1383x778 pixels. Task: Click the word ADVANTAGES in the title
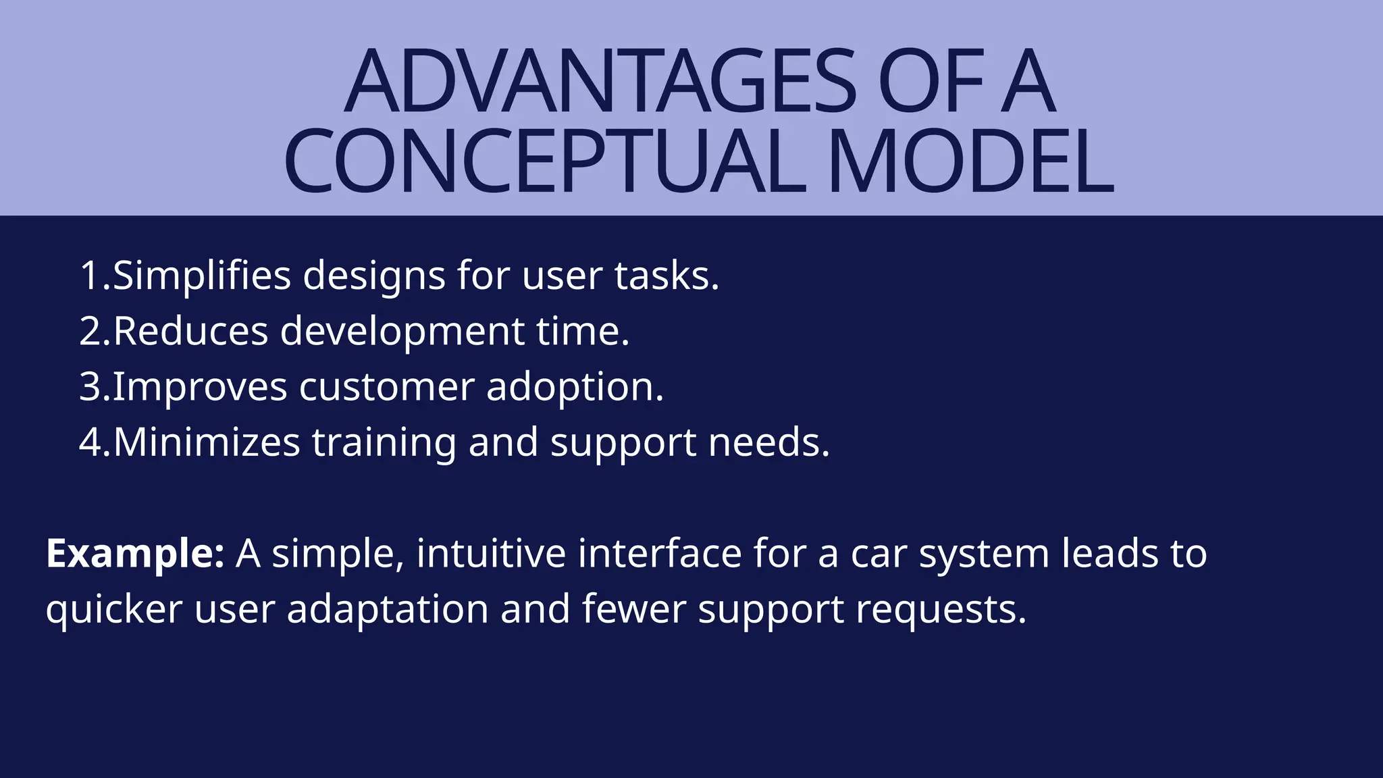pyautogui.click(x=600, y=82)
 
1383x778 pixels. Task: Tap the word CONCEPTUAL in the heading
pyautogui.click(x=544, y=163)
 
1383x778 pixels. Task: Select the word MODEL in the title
pyautogui.click(x=970, y=163)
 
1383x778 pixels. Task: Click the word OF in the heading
pyautogui.click(x=931, y=82)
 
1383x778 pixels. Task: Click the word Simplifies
pyautogui.click(x=201, y=276)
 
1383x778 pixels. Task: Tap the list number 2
pyautogui.click(x=90, y=332)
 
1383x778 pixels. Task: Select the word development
pyautogui.click(x=402, y=332)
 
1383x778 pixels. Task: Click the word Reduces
pyautogui.click(x=190, y=332)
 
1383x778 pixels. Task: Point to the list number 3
pyautogui.click(x=90, y=387)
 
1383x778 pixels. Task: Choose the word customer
pyautogui.click(x=386, y=387)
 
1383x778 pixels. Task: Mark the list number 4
pyautogui.click(x=91, y=442)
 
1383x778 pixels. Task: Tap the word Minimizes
pyautogui.click(x=207, y=442)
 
